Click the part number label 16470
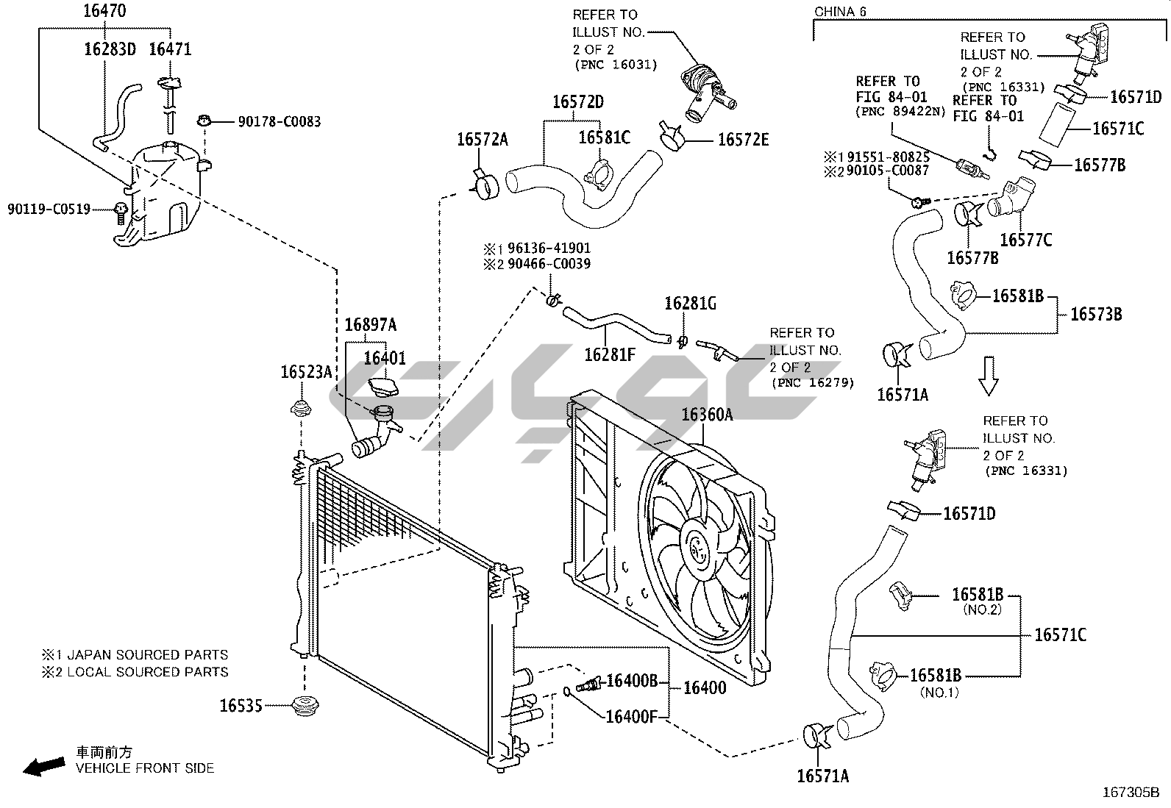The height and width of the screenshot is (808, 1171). pos(104,10)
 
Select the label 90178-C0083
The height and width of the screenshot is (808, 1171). pos(279,121)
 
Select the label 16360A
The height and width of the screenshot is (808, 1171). pos(707,415)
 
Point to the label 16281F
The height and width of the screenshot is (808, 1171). pos(609,354)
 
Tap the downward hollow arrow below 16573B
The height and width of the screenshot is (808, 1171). pos(989,376)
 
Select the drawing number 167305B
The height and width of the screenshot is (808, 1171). pos(1130,793)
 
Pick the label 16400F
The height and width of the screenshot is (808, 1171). pos(631,715)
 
